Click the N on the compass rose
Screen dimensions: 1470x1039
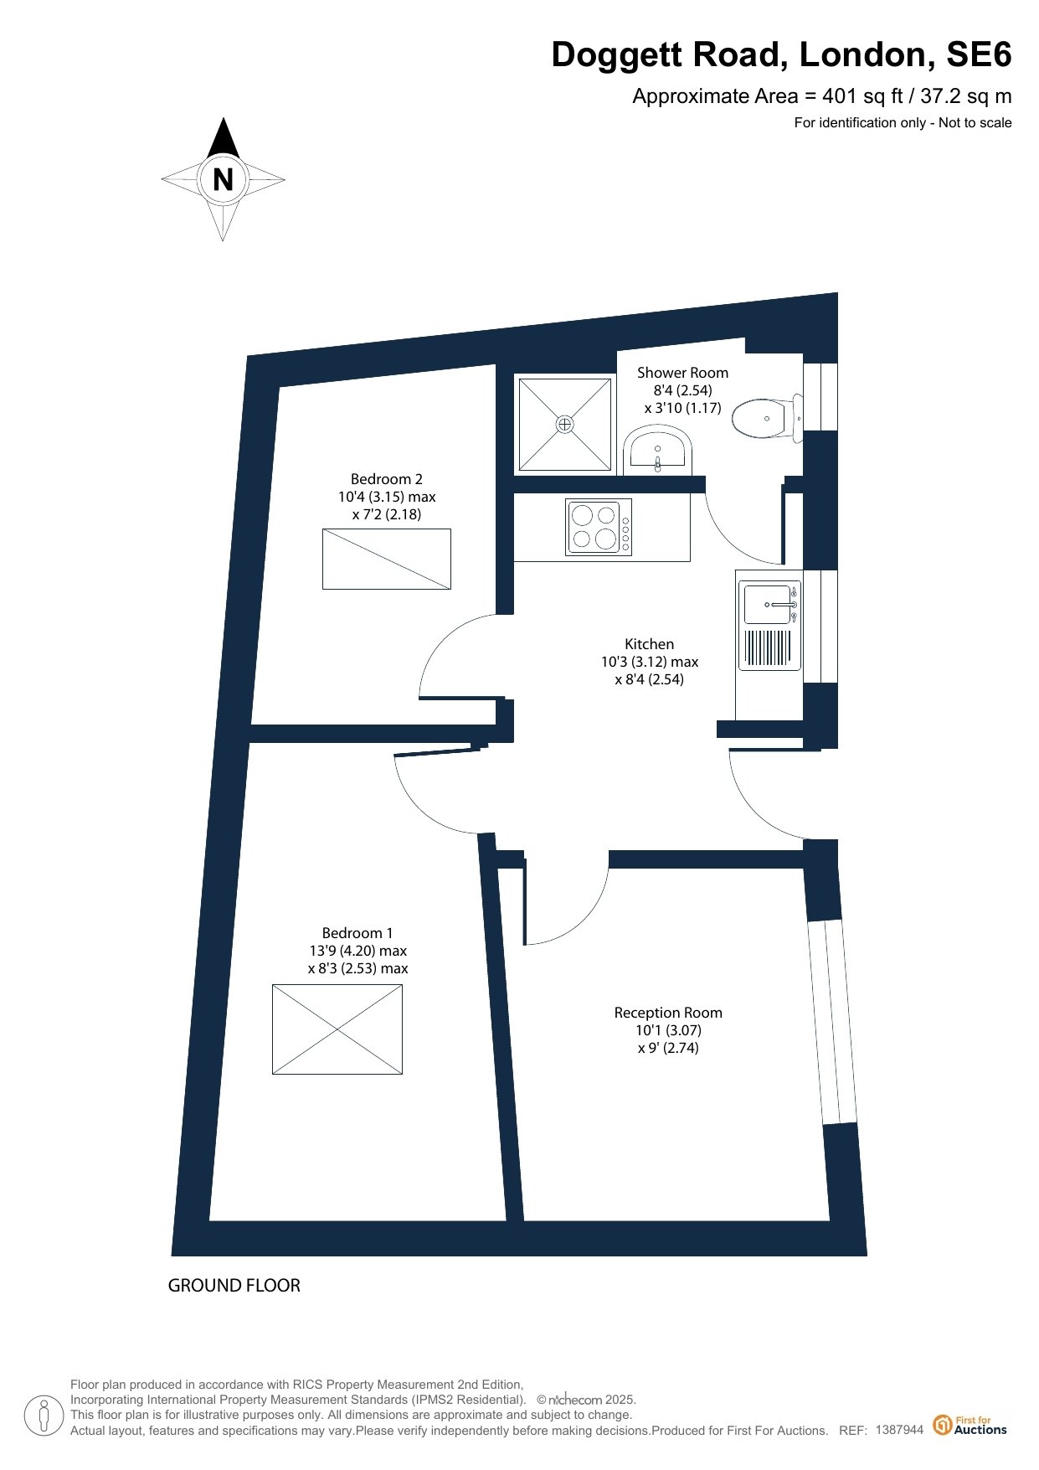click(x=223, y=179)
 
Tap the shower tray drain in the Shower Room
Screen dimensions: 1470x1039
click(x=565, y=424)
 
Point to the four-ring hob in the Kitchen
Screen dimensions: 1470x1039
click(x=599, y=527)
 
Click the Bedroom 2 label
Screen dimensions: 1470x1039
click(x=386, y=479)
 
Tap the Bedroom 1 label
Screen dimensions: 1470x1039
click(x=357, y=933)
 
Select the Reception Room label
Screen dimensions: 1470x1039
click(x=667, y=1013)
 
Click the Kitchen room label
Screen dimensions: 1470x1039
click(x=649, y=644)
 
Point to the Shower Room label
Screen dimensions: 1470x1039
click(x=682, y=373)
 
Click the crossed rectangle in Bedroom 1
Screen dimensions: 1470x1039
click(x=337, y=1029)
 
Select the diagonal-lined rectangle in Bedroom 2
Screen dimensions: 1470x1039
click(x=387, y=559)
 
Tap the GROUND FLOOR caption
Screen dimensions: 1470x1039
click(x=234, y=1285)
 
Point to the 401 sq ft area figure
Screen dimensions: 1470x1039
click(x=861, y=96)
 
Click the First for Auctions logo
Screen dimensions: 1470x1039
click(x=970, y=1425)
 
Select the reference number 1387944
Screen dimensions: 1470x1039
click(x=899, y=1430)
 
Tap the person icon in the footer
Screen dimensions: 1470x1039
click(x=44, y=1416)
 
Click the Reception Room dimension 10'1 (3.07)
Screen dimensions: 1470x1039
click(x=668, y=1030)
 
